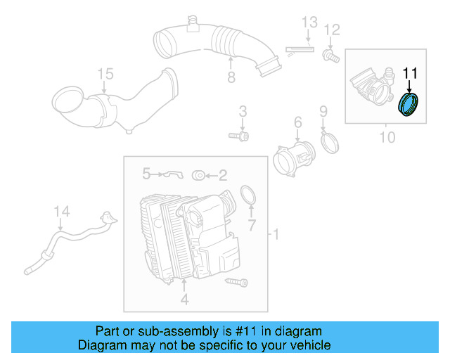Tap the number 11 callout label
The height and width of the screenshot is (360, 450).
(x=410, y=72)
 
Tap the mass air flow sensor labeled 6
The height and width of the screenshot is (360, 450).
(x=289, y=156)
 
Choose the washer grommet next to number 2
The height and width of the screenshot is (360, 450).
(x=198, y=174)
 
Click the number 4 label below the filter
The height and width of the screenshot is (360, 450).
(x=185, y=300)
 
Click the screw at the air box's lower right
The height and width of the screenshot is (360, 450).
(x=237, y=282)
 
